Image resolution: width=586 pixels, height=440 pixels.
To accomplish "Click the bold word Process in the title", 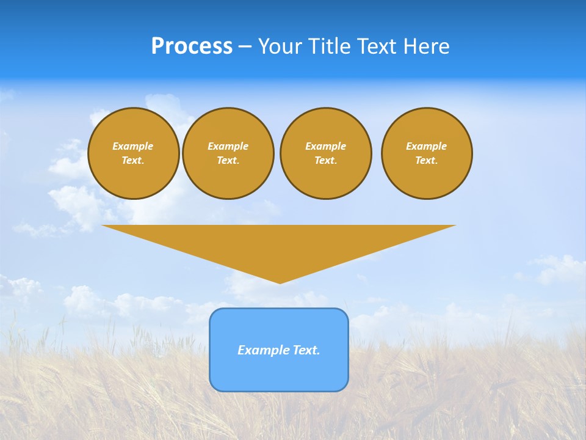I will [x=192, y=46].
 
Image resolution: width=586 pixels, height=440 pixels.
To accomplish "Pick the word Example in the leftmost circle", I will [x=133, y=146].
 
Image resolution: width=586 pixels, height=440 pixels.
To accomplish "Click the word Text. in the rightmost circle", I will [x=427, y=160].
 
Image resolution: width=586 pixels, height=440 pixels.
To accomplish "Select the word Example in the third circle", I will [x=326, y=146].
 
